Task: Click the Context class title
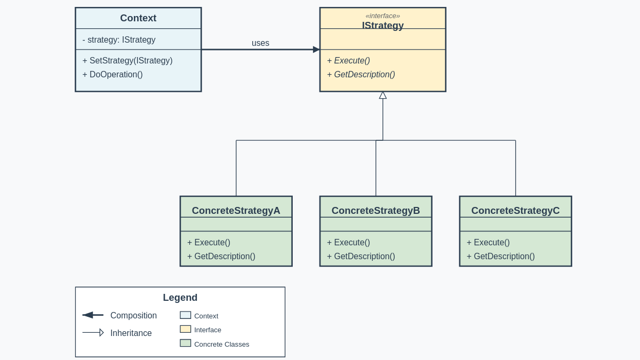138,18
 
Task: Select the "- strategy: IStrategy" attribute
119,40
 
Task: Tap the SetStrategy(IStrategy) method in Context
127,61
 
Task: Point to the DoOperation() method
113,75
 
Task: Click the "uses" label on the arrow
260,43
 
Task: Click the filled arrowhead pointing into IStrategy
316,50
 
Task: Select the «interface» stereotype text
382,15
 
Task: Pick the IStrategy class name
382,26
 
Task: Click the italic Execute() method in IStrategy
349,61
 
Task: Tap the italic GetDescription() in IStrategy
361,75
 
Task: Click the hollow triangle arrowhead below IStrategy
383,95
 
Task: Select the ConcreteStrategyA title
236,211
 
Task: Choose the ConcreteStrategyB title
375,211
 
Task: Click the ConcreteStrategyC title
515,211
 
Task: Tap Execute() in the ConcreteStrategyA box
209,243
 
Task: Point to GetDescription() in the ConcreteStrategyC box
501,257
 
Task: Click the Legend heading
180,298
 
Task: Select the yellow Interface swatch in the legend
185,329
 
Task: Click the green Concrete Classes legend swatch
185,343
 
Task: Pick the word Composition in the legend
133,316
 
